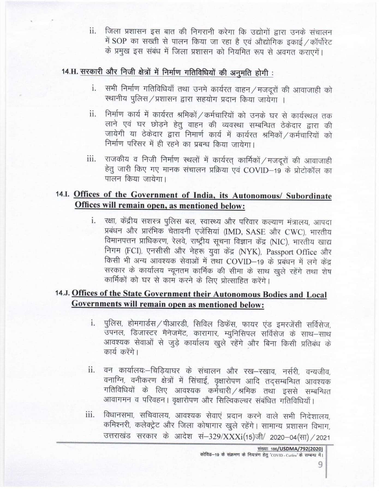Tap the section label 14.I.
[x=64, y=194]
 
